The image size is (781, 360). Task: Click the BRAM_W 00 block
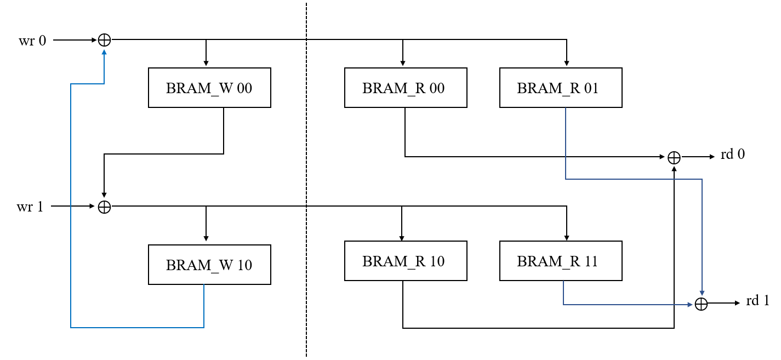point(209,88)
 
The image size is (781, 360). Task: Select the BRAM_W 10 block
point(209,265)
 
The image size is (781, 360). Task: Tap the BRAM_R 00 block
point(406,88)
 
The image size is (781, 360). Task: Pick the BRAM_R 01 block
point(561,88)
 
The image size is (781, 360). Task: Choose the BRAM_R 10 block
point(406,261)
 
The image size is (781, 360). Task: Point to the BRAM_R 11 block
point(561,261)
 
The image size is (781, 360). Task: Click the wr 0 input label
point(32,41)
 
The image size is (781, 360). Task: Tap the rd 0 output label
point(733,155)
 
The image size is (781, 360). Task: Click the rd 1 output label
point(757,301)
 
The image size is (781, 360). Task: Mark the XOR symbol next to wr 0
point(104,40)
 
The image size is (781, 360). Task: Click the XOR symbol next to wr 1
point(104,207)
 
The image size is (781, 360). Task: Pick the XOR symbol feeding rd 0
point(674,157)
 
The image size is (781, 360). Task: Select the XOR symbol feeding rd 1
point(702,304)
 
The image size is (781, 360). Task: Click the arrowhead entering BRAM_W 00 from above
point(206,64)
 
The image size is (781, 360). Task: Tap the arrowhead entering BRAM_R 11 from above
point(567,238)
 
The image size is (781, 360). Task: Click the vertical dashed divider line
point(306,181)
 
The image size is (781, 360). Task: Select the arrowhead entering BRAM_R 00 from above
point(403,64)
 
